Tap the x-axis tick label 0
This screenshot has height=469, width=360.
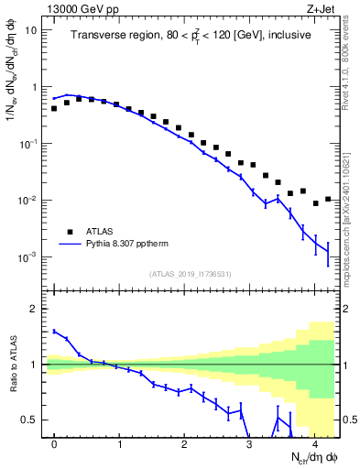tap(54, 444)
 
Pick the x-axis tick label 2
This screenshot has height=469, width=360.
tap(184, 444)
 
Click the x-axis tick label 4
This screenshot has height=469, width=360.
tap(314, 444)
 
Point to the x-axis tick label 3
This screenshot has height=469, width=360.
tap(249, 444)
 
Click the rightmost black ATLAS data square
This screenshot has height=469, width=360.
tap(328, 199)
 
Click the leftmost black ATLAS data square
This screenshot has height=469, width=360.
tap(54, 108)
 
